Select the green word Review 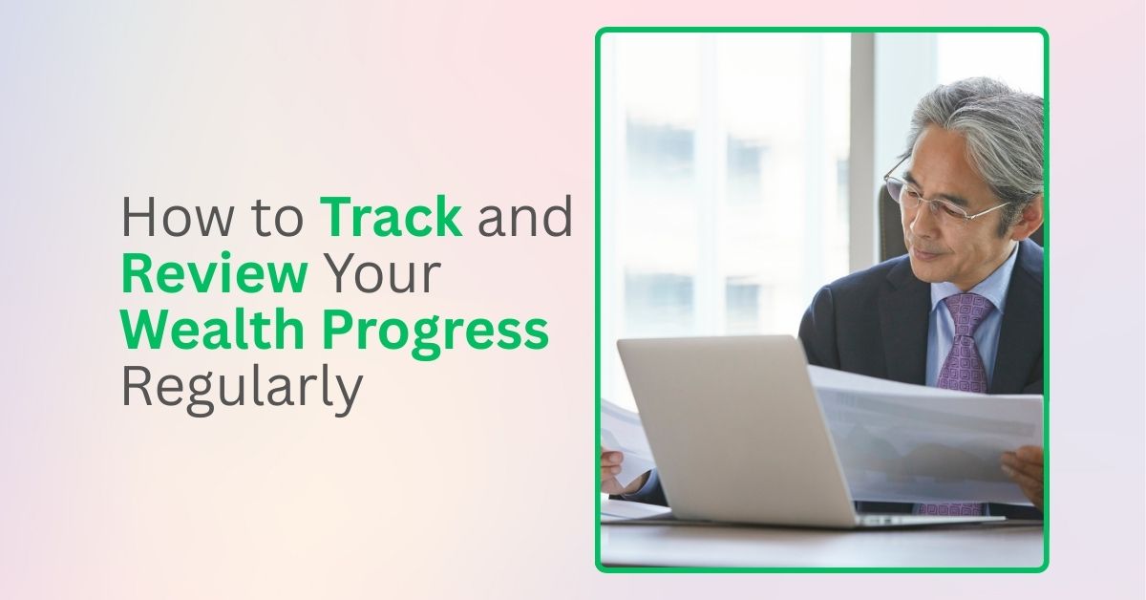click(x=215, y=275)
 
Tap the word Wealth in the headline click(x=211, y=331)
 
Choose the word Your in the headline click(x=381, y=275)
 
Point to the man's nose click(x=907, y=229)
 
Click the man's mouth click(x=922, y=256)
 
